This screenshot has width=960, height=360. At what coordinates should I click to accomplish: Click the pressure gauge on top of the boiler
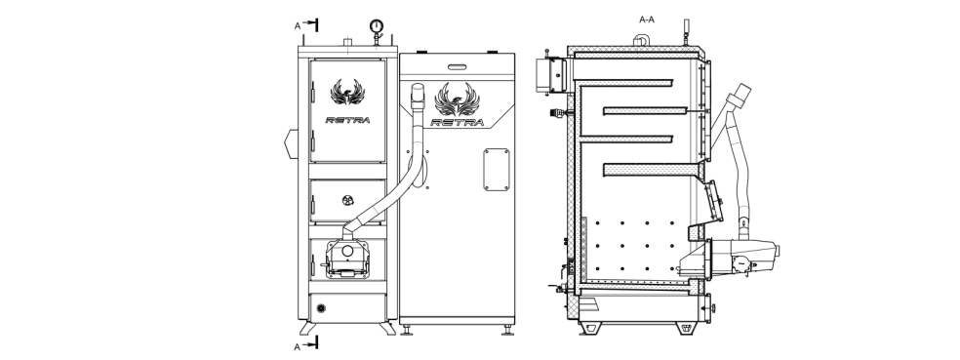click(x=376, y=26)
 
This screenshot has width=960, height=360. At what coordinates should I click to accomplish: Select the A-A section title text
click(x=647, y=20)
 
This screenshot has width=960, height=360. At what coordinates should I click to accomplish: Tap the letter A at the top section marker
click(x=298, y=25)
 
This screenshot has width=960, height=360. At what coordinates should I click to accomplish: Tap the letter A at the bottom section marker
click(x=298, y=346)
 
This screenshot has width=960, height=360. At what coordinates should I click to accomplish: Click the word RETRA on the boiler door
click(x=347, y=120)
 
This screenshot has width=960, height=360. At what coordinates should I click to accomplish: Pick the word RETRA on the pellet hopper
click(x=458, y=123)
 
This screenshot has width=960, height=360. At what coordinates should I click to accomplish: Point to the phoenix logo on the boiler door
click(x=347, y=93)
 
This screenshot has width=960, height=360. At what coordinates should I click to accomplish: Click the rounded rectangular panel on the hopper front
click(x=496, y=169)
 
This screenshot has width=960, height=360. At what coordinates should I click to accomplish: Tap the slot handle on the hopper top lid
click(x=457, y=66)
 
